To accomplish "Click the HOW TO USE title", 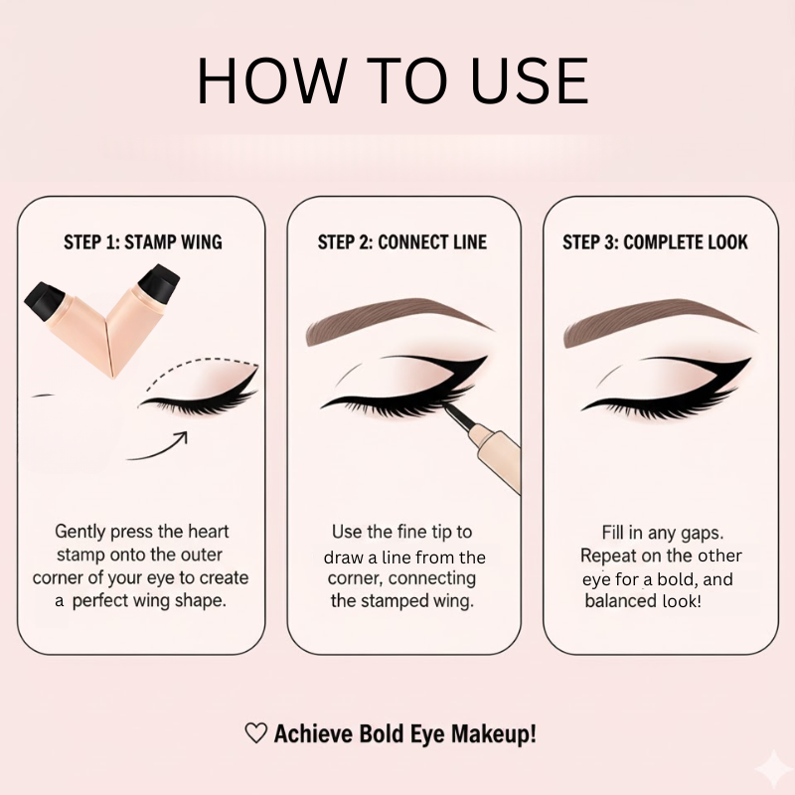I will (x=393, y=80).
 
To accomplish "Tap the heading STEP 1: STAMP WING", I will (x=142, y=242).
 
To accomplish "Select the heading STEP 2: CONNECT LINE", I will (x=402, y=242).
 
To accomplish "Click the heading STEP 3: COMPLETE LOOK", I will (x=655, y=242).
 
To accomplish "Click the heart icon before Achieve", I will (x=255, y=734).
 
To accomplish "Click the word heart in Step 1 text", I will (x=208, y=532).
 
